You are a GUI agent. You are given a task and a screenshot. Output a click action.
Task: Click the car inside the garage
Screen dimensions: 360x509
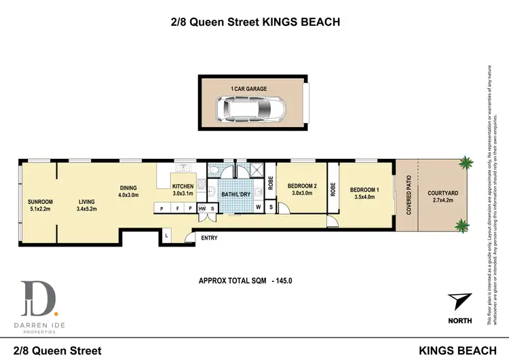(251, 107)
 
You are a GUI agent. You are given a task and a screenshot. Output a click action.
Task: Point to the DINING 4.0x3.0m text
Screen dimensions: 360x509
(128, 192)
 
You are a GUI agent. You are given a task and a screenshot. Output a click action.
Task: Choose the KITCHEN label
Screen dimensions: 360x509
(183, 190)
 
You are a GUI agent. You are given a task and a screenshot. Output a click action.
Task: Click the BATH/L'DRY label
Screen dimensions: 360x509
(235, 194)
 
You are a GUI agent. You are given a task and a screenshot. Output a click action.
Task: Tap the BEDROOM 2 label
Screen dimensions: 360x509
(302, 190)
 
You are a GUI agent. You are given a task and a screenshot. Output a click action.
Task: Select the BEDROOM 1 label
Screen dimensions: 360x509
(364, 193)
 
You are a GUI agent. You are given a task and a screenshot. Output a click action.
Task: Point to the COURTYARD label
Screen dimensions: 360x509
(442, 197)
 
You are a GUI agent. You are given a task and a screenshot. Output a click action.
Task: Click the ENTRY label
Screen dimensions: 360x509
(209, 237)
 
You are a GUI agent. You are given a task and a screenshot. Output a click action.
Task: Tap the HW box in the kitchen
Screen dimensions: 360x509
(202, 208)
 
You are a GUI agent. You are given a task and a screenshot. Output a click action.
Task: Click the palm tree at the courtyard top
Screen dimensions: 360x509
(466, 163)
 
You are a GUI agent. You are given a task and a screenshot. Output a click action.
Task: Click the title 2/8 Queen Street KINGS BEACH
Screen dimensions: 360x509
(254, 22)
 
